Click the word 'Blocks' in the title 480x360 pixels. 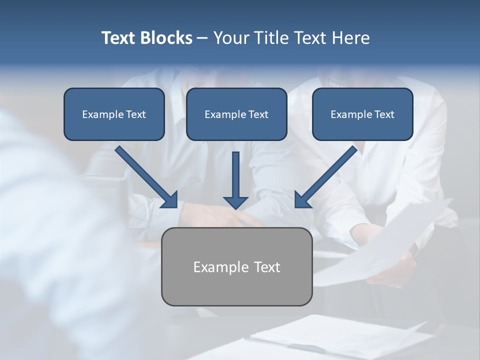(x=167, y=38)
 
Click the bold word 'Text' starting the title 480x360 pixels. (x=120, y=38)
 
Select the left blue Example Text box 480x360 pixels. (x=114, y=114)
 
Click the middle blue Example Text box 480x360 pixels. (x=236, y=114)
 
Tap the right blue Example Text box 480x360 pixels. (x=362, y=114)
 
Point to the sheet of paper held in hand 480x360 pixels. (x=380, y=245)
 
